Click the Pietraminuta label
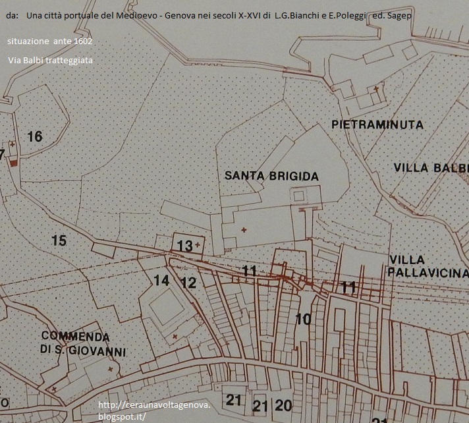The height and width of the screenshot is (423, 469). (377, 124)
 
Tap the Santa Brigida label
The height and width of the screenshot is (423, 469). (271, 176)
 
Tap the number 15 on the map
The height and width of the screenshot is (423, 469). (59, 240)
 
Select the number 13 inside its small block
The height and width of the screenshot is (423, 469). (184, 246)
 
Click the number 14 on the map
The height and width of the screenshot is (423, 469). (161, 280)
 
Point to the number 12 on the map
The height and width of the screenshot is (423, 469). (188, 283)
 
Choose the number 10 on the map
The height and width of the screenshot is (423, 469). (303, 320)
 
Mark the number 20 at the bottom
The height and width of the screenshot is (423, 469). (283, 405)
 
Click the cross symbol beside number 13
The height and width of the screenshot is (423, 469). (197, 244)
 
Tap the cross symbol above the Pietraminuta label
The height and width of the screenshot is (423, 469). (376, 88)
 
